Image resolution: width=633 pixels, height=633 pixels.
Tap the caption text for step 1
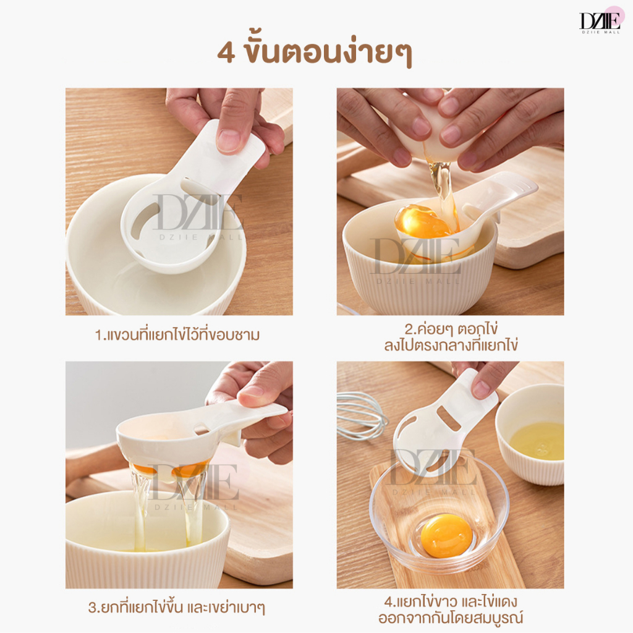(177, 334)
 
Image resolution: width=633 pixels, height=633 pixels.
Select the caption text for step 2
(451, 337)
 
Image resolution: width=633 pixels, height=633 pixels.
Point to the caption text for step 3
(177, 608)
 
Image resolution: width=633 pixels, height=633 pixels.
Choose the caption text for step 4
(451, 610)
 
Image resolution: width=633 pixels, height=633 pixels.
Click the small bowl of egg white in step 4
(530, 435)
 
